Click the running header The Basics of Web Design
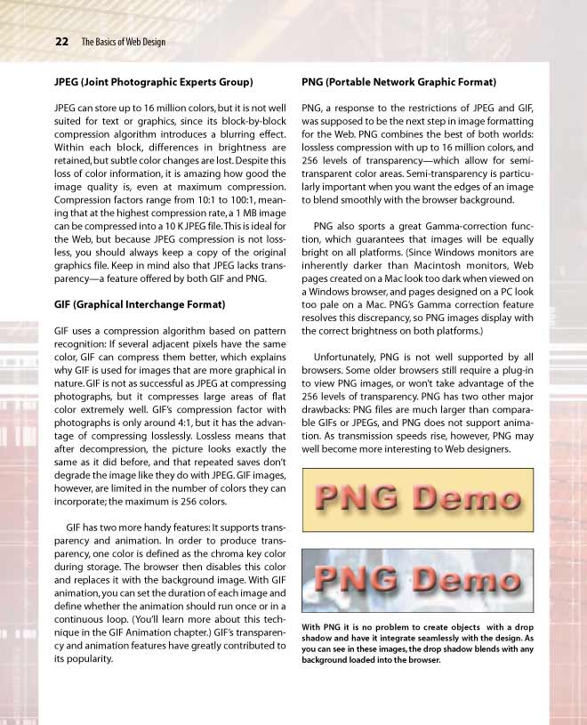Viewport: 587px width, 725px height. [123, 42]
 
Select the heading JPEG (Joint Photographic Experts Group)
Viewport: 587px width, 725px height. [154, 82]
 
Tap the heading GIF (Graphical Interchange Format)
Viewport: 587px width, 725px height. [140, 304]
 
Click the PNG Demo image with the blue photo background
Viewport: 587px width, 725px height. [417, 579]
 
